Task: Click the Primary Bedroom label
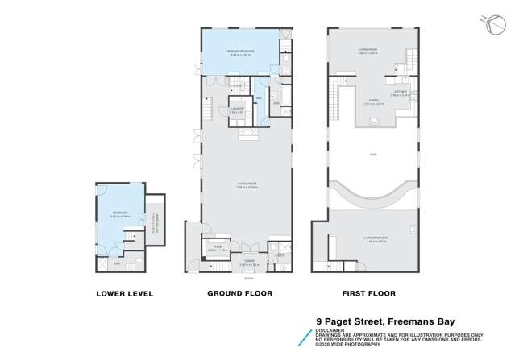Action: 240,51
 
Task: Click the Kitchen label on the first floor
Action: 400,93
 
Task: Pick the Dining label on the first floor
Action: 372,101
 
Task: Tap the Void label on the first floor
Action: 373,154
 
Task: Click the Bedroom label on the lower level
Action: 122,213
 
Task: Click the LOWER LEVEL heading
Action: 125,293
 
